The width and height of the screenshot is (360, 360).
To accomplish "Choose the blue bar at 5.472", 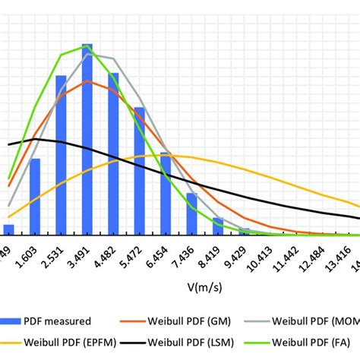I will tap(139, 172).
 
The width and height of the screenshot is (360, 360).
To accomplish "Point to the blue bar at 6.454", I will tap(166, 194).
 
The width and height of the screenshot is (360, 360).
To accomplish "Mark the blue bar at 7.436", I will tap(192, 214).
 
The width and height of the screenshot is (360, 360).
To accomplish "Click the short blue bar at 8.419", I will tap(218, 226).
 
